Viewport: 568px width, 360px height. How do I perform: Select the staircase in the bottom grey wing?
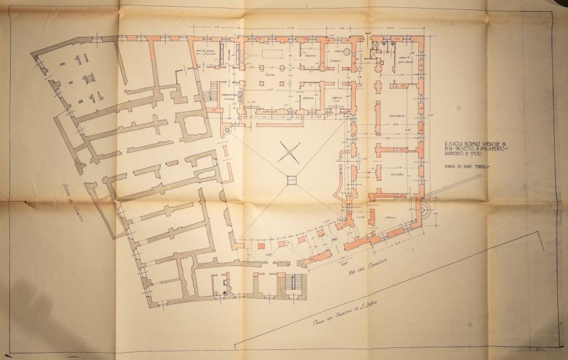[x=297, y=282]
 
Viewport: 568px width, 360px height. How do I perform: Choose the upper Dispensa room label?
[x=308, y=57]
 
